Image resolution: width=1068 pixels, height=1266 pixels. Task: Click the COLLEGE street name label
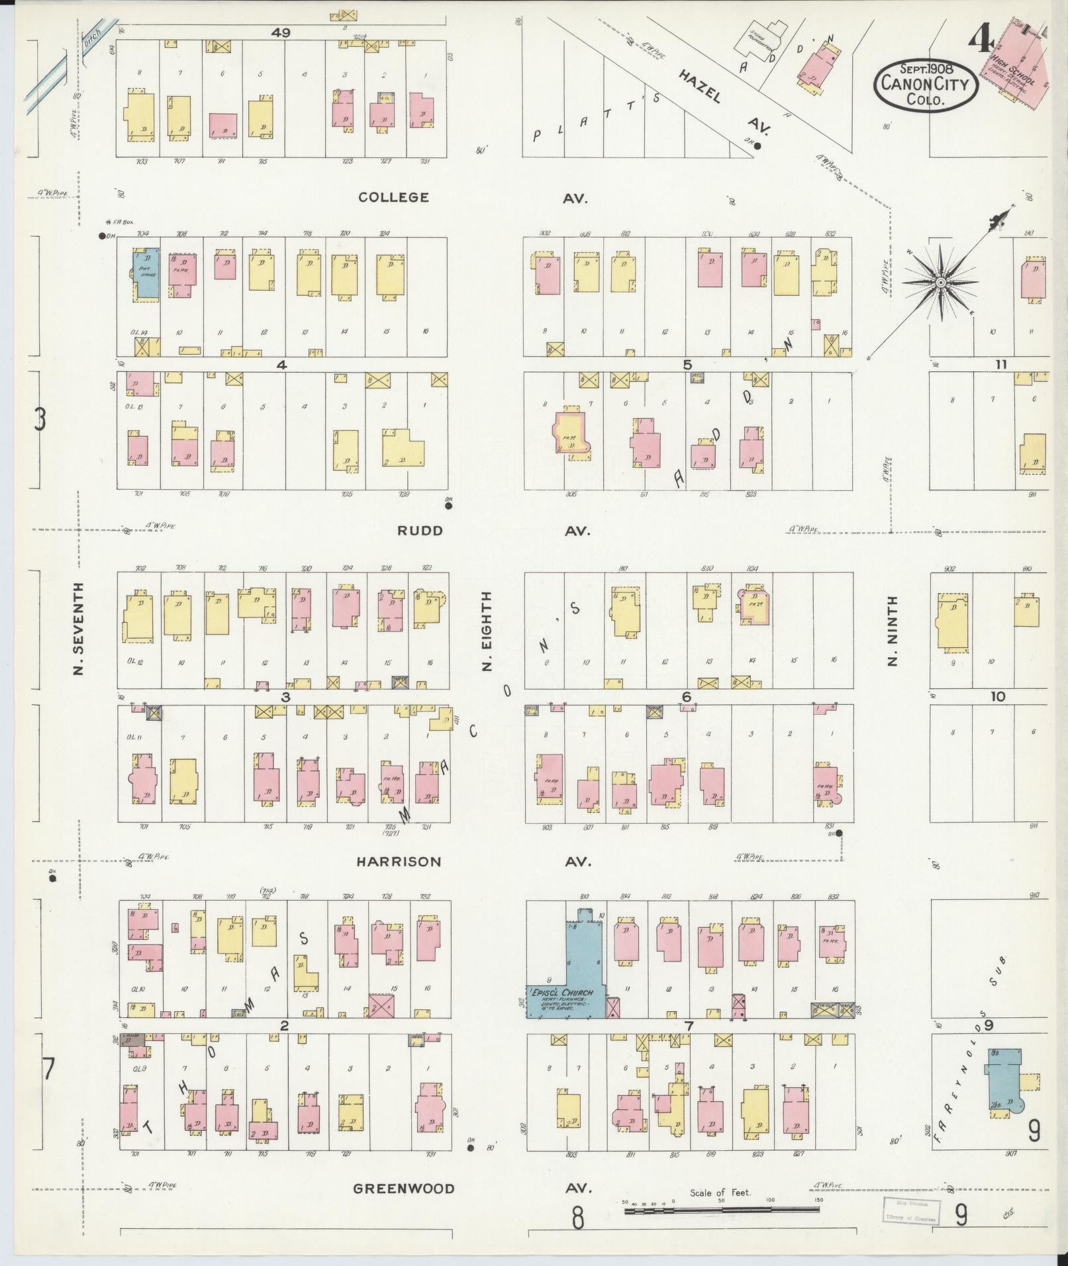click(393, 197)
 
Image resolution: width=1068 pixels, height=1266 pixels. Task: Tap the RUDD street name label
click(419, 531)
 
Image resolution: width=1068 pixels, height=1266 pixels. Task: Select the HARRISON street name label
click(398, 862)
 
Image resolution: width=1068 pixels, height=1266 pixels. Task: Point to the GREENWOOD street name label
click(403, 1189)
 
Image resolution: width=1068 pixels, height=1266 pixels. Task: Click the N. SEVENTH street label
click(79, 629)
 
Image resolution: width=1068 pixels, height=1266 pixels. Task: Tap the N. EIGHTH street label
click(487, 631)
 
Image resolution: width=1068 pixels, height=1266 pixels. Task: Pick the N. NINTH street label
click(893, 631)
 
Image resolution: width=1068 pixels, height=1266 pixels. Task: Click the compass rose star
click(940, 283)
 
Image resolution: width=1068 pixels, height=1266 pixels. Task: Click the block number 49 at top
click(281, 32)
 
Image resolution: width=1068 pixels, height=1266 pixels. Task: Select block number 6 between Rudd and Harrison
click(686, 697)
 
